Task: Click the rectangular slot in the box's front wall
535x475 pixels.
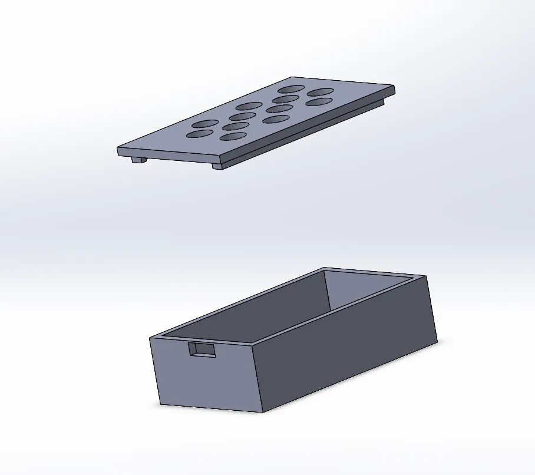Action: [202, 349]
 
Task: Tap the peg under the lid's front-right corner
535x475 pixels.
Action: [217, 166]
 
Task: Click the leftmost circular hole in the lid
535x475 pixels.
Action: [199, 135]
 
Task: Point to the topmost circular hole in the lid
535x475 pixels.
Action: [290, 89]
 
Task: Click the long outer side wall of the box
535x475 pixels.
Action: [348, 348]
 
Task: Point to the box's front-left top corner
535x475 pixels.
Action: [150, 338]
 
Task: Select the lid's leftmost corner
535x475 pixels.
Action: [117, 149]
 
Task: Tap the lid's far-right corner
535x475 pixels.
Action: [394, 87]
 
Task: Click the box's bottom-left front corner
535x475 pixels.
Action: [161, 404]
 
